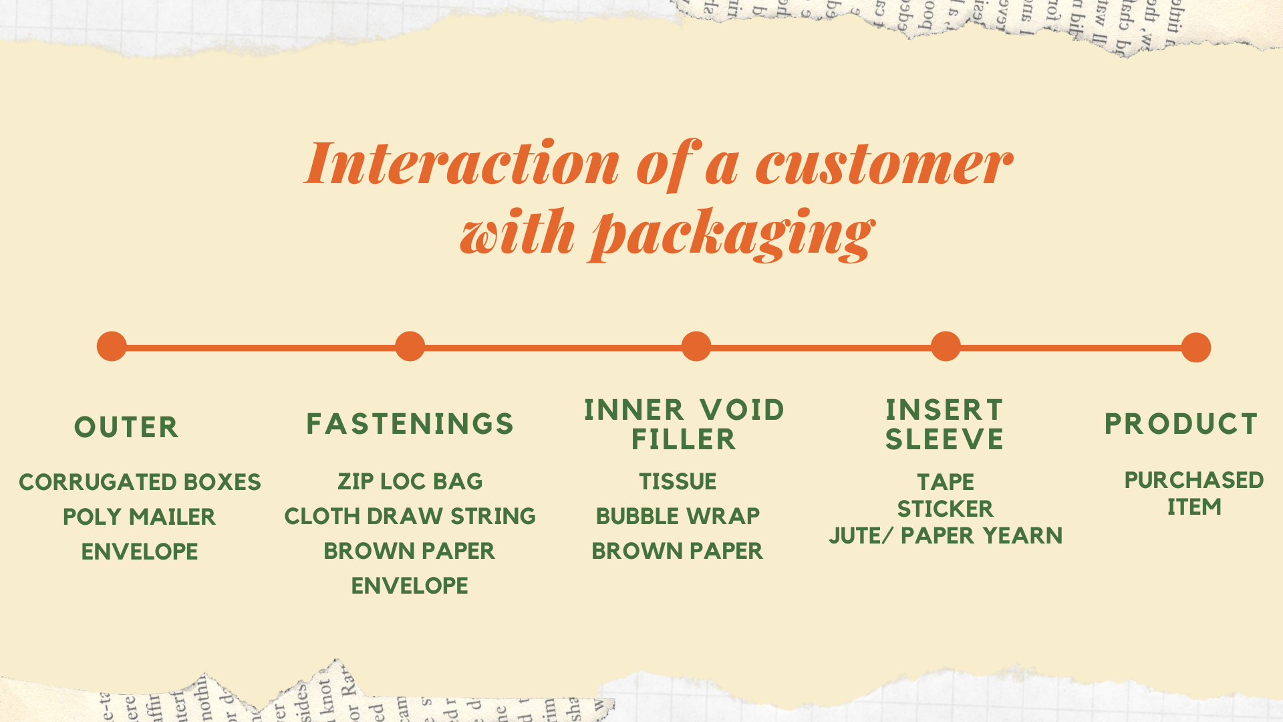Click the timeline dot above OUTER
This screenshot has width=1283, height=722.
112,346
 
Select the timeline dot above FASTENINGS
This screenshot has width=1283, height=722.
410,346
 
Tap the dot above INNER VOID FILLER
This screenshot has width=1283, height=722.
696,346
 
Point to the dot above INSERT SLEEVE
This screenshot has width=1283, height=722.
946,346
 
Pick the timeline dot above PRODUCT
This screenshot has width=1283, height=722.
1195,348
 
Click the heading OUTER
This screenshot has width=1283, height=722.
126,427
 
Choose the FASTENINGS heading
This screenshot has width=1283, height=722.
410,424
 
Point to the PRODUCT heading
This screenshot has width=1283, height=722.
1181,424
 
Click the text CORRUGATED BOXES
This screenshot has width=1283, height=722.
140,482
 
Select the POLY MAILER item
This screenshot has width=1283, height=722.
139,517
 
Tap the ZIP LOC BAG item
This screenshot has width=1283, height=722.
410,481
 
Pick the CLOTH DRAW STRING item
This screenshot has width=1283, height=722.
410,516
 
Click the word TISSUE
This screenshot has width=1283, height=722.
678,481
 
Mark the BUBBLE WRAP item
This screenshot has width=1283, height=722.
678,516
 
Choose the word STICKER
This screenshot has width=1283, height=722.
945,509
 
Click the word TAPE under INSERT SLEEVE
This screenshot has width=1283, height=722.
945,482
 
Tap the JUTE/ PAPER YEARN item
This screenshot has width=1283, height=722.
945,535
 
